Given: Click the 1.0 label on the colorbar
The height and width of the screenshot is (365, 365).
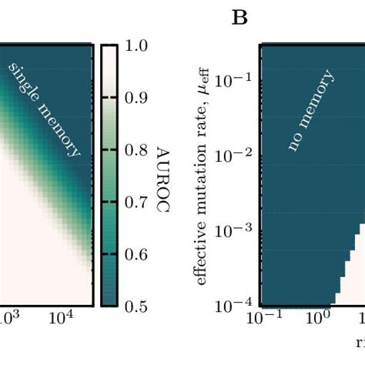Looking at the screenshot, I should pos(136,47).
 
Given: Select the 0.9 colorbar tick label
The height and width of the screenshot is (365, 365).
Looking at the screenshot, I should pos(136,99).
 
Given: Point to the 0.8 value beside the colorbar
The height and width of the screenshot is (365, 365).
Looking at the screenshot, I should pos(136,151).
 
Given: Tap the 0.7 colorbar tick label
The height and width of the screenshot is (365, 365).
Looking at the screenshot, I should pos(136,203).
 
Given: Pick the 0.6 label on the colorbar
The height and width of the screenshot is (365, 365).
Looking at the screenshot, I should pos(136,255).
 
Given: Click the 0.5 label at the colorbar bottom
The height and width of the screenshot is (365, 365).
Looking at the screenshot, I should pos(136,306).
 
